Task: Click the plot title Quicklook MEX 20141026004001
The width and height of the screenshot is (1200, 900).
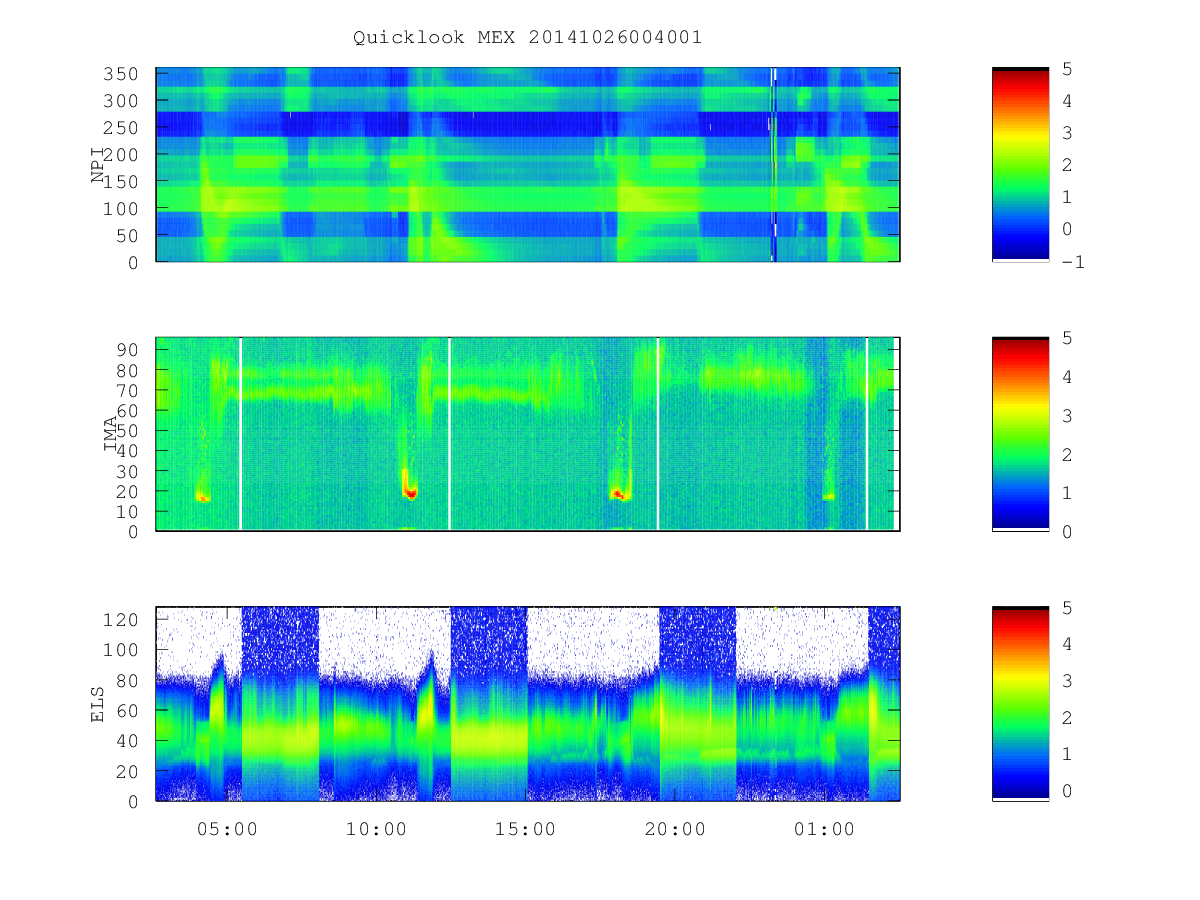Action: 527,37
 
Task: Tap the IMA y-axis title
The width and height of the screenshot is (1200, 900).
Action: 110,433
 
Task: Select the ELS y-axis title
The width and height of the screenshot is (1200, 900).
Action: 97,704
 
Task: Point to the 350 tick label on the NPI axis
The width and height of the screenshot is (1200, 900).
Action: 120,74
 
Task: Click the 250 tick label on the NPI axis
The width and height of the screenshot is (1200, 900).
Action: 120,128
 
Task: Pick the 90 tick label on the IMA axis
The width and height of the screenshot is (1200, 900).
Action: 127,350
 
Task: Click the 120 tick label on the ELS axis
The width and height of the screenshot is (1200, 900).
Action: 120,620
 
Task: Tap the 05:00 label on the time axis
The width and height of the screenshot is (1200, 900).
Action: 227,829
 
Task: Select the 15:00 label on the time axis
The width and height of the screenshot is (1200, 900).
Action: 525,829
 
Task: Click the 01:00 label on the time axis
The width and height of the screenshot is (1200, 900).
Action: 824,829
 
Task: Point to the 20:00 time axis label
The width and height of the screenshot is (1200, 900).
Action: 675,829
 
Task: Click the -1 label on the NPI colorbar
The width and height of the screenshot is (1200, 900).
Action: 1073,262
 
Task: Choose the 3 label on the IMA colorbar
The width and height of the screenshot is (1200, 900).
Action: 1067,416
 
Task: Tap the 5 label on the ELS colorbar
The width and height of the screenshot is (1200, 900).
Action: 1067,608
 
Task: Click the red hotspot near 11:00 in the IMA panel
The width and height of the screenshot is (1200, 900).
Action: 411,493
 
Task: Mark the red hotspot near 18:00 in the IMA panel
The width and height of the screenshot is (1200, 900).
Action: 619,495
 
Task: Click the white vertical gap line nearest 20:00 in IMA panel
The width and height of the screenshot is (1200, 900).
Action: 658,433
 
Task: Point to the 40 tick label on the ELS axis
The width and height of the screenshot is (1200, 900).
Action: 127,741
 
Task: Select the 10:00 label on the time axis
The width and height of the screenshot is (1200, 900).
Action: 376,829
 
